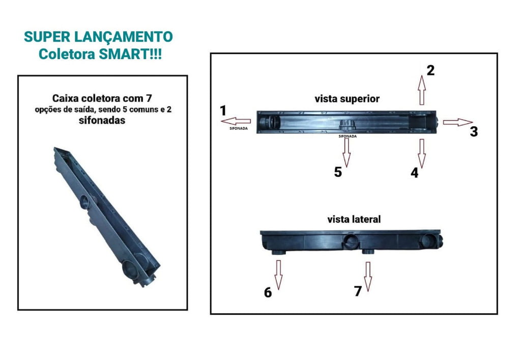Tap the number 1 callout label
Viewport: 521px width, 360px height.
[x=223, y=110]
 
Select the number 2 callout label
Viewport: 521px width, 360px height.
[x=430, y=70]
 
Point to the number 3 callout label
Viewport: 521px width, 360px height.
[x=474, y=132]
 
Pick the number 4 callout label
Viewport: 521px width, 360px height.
[x=414, y=173]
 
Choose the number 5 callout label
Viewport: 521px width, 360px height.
[x=338, y=172]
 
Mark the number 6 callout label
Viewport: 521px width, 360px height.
[x=268, y=292]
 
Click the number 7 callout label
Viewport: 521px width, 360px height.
[x=358, y=291]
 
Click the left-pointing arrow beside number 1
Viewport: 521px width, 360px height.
[x=236, y=121]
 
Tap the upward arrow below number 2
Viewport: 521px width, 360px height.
[x=422, y=90]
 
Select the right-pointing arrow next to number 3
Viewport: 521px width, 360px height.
[x=457, y=122]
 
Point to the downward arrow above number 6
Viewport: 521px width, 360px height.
[x=278, y=275]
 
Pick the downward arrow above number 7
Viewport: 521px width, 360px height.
[x=367, y=276]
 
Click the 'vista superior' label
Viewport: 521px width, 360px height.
[x=347, y=99]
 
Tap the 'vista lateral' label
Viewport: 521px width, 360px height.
[x=354, y=219]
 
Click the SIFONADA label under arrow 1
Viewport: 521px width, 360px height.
[x=239, y=129]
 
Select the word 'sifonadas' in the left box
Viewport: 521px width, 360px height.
[x=102, y=120]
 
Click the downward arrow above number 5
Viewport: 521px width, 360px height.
[x=346, y=153]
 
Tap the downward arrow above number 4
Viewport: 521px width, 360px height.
[x=422, y=154]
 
